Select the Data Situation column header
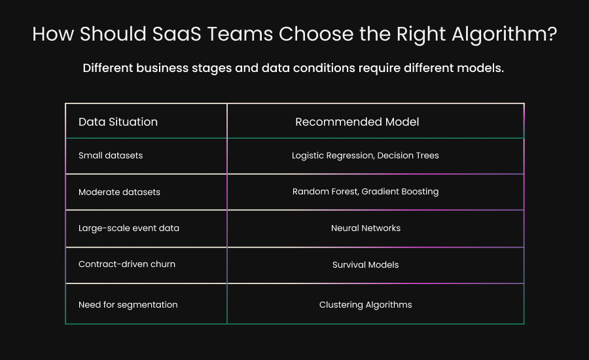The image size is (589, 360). [x=118, y=122]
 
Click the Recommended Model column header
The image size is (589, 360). [x=357, y=122]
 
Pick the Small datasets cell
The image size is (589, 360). [x=111, y=156]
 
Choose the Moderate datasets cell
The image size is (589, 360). [x=119, y=192]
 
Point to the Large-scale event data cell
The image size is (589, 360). [x=129, y=228]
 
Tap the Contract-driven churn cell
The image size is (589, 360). [x=127, y=265]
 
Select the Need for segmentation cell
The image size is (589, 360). [x=128, y=304]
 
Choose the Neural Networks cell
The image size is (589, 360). [x=366, y=228]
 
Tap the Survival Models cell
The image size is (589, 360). [x=366, y=265]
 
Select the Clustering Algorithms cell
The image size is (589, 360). [x=366, y=304]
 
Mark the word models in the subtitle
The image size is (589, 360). [x=482, y=69]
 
